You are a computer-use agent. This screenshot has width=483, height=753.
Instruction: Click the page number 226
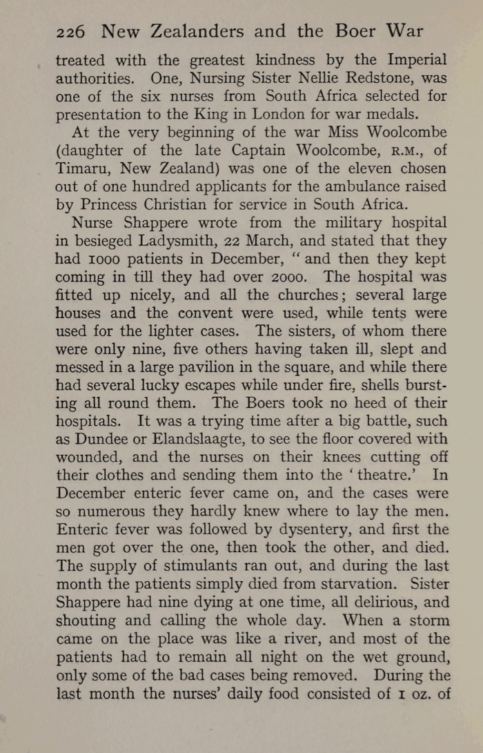coord(70,32)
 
